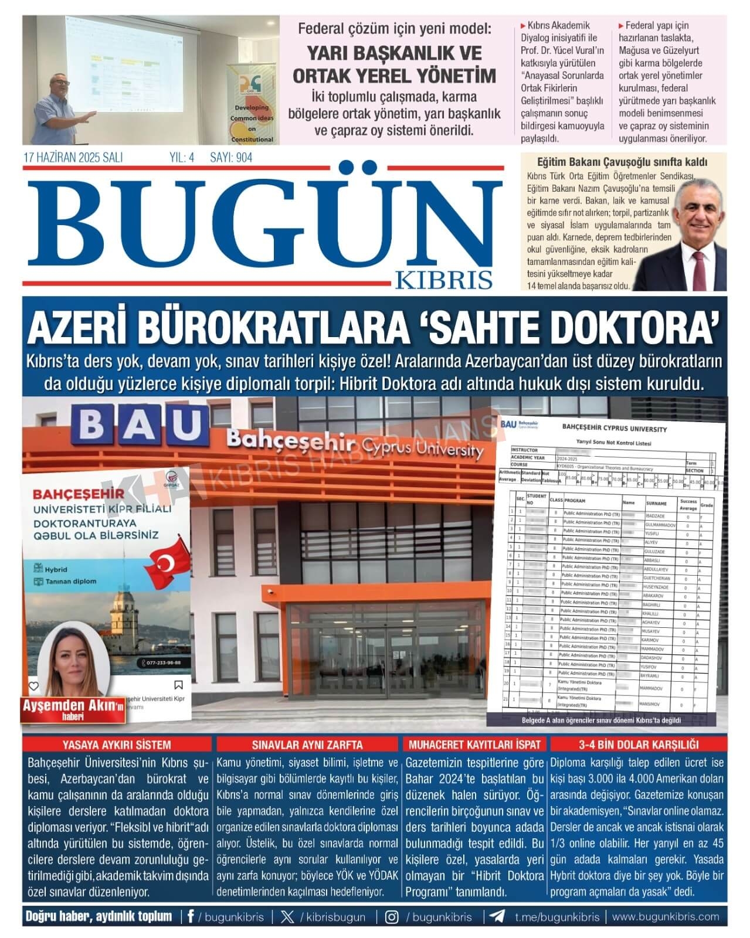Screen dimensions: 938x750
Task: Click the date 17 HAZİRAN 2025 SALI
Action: (x=73, y=158)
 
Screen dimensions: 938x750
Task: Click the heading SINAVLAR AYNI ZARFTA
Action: (x=307, y=745)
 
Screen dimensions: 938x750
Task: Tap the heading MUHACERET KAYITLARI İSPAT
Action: (x=474, y=745)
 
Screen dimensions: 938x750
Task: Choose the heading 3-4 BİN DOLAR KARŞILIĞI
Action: (x=637, y=745)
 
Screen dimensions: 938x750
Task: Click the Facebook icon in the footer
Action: (x=191, y=917)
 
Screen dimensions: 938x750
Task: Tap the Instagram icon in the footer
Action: (x=392, y=917)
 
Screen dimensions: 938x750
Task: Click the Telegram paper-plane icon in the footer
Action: (x=497, y=917)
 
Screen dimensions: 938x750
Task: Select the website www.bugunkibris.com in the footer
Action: (x=666, y=917)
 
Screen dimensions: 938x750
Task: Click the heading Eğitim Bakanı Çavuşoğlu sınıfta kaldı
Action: (x=622, y=162)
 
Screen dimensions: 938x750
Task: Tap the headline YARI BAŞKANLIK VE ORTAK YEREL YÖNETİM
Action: (x=394, y=64)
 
